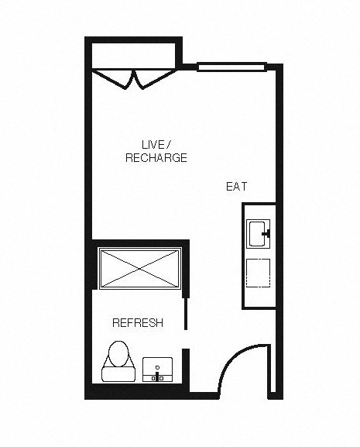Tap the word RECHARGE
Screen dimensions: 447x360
click(x=156, y=157)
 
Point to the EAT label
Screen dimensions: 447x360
click(x=236, y=187)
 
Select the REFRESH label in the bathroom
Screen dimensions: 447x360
click(x=137, y=323)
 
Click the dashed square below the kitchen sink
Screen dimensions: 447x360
click(x=258, y=273)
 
